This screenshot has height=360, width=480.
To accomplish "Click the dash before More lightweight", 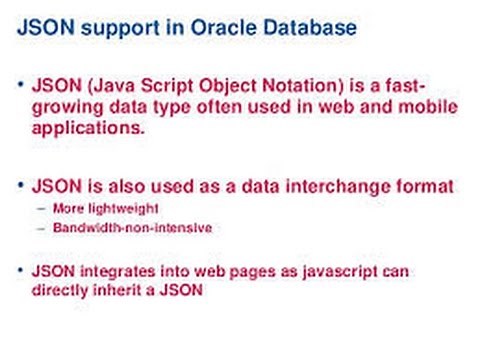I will pos(40,208).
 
